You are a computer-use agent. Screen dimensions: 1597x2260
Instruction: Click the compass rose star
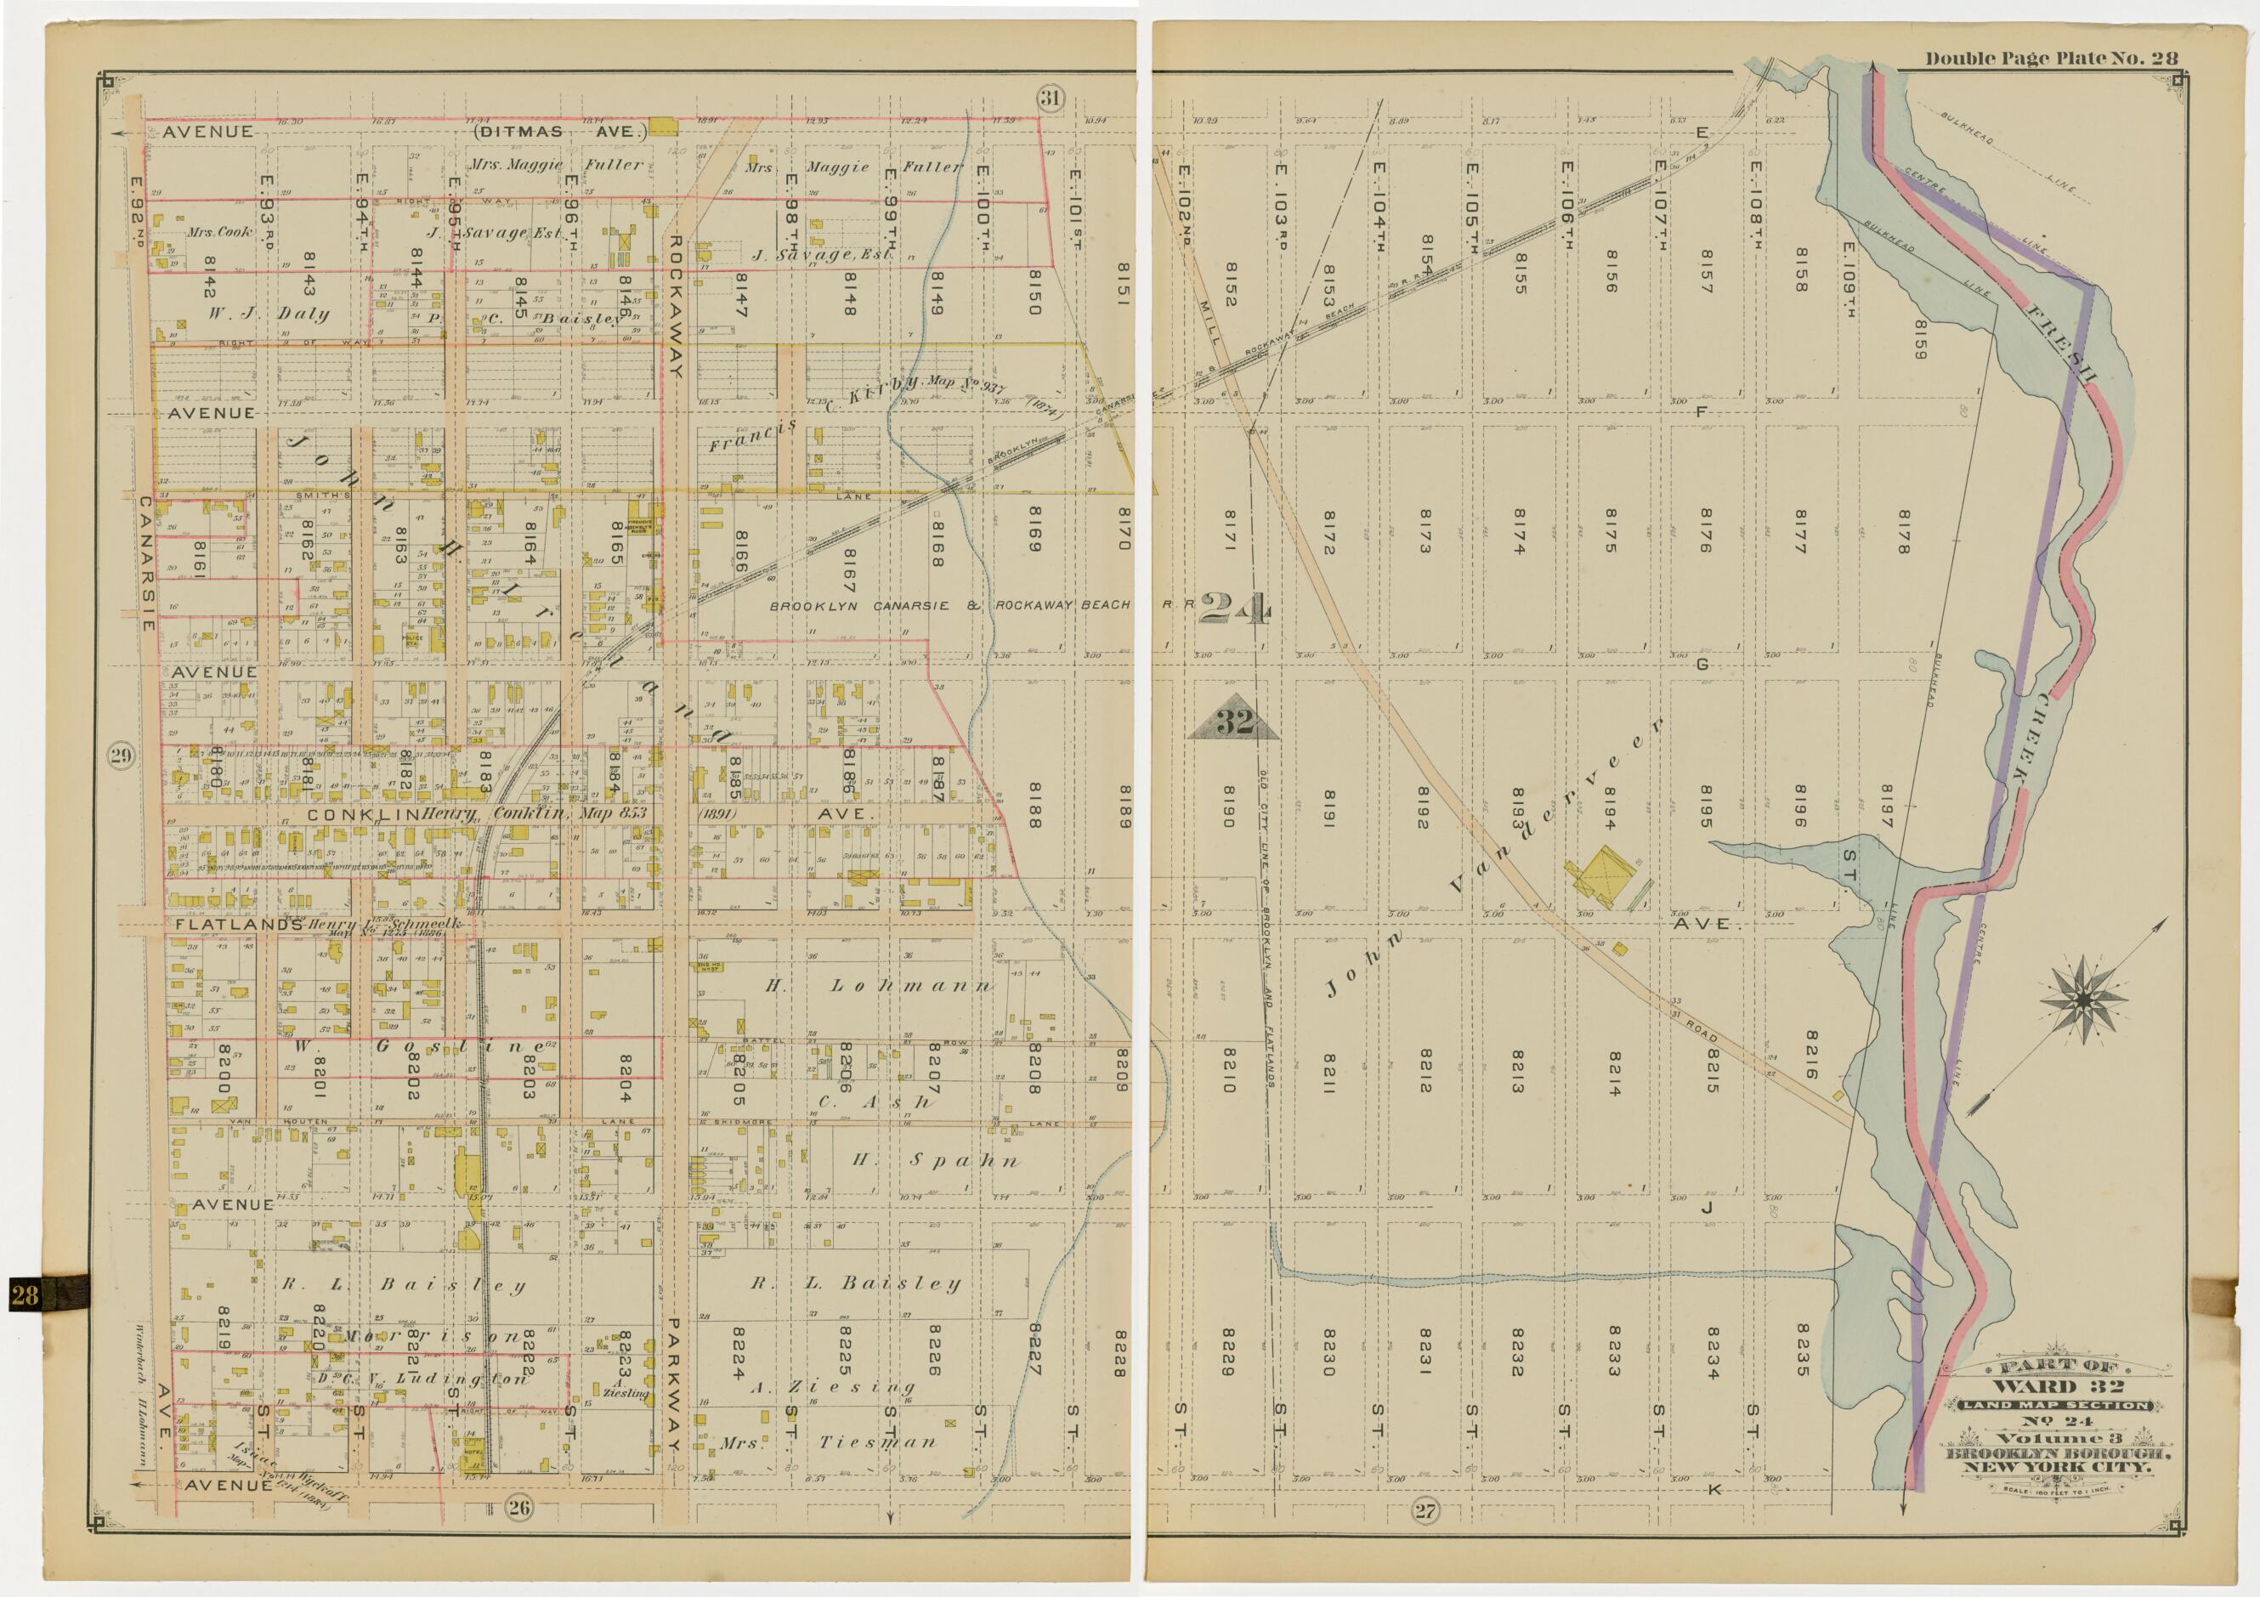click(x=2082, y=1001)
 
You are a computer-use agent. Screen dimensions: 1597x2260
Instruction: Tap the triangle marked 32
click(x=1233, y=722)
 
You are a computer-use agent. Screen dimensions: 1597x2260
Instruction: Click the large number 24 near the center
click(x=1235, y=610)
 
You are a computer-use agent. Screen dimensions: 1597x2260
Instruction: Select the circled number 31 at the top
click(x=1051, y=98)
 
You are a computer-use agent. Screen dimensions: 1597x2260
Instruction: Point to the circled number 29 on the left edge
click(x=120, y=756)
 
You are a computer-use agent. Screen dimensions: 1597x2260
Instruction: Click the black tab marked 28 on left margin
click(x=25, y=1294)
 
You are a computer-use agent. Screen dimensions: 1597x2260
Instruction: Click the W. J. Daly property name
click(x=268, y=314)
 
